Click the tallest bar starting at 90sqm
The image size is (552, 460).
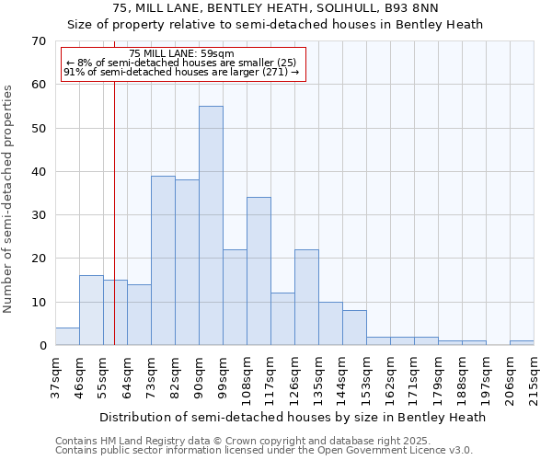[211, 225]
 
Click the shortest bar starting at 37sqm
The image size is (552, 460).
[67, 337]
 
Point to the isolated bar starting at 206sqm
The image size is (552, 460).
[522, 342]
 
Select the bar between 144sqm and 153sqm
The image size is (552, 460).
[354, 328]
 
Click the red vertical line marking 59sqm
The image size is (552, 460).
[114, 184]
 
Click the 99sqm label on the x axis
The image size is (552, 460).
[223, 372]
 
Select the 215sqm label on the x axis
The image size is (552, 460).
[534, 374]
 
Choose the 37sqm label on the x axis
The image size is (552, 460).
[55, 372]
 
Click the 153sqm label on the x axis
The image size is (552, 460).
[366, 374]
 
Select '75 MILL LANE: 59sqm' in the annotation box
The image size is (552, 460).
[182, 53]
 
